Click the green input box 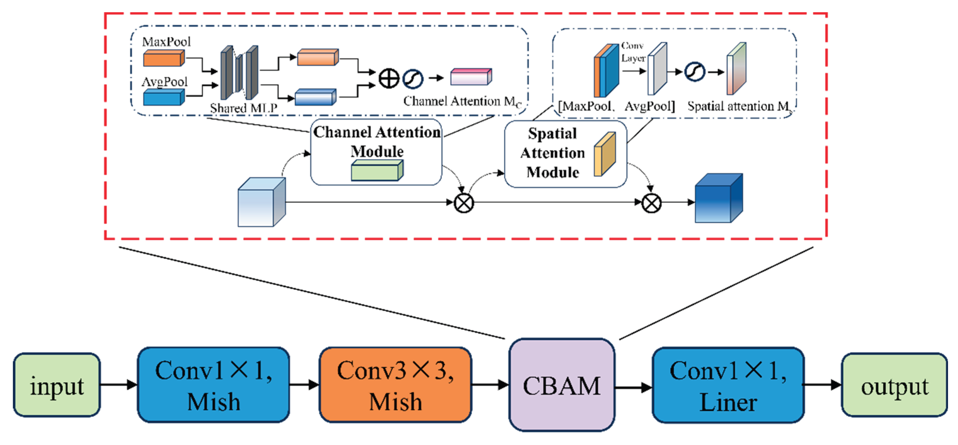pyautogui.click(x=57, y=385)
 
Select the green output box pyautogui.click(x=894, y=385)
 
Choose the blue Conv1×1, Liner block pyautogui.click(x=728, y=385)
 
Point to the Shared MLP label pyautogui.click(x=244, y=108)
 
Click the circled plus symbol pyautogui.click(x=389, y=78)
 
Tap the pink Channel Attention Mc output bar pyautogui.click(x=471, y=77)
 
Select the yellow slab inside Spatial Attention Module pyautogui.click(x=604, y=154)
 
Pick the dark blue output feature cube pyautogui.click(x=718, y=199)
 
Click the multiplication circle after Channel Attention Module pyautogui.click(x=464, y=203)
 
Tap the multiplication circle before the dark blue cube pyautogui.click(x=651, y=203)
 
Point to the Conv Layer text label pyautogui.click(x=633, y=52)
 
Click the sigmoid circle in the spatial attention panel pyautogui.click(x=694, y=71)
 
